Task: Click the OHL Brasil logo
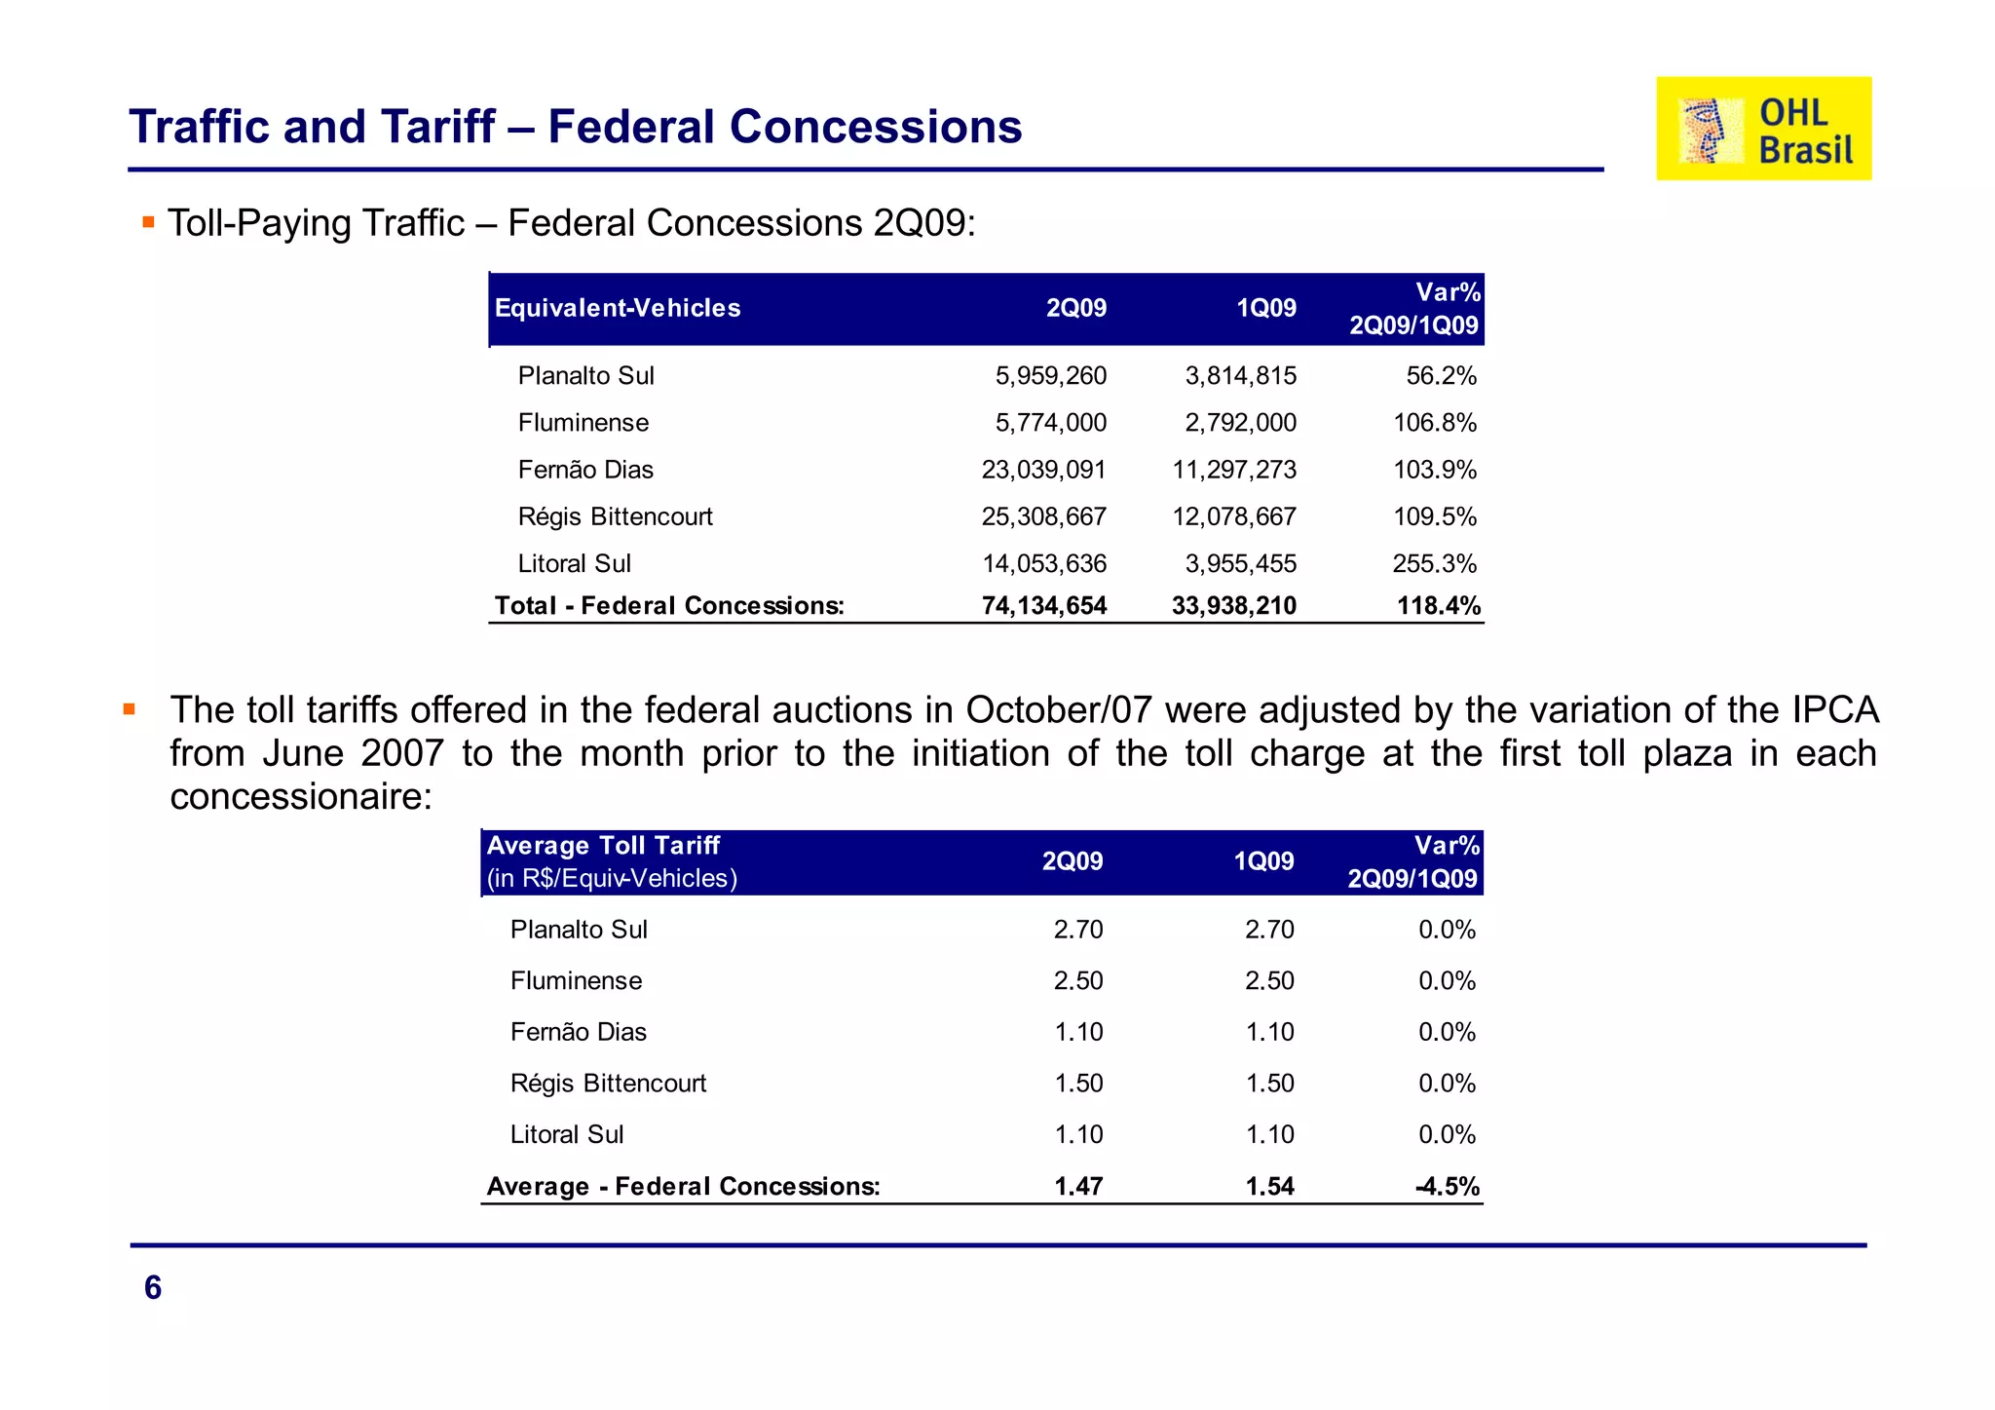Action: point(1763,129)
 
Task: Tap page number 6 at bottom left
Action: point(153,1287)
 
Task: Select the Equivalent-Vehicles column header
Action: point(618,308)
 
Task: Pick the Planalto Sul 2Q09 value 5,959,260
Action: point(1050,376)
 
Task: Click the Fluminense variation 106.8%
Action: point(1434,423)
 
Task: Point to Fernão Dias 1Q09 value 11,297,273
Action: point(1234,470)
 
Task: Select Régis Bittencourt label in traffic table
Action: point(615,516)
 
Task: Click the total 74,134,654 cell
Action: point(1043,605)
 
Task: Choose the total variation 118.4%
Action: point(1438,605)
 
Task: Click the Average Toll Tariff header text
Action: point(603,845)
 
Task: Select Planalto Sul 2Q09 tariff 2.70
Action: point(1077,930)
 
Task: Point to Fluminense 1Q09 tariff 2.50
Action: point(1269,980)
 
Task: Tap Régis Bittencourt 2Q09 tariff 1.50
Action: point(1077,1083)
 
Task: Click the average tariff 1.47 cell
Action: point(1077,1186)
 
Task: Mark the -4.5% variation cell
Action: point(1447,1186)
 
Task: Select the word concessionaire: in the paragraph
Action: point(301,797)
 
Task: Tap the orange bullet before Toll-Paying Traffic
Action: point(148,222)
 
